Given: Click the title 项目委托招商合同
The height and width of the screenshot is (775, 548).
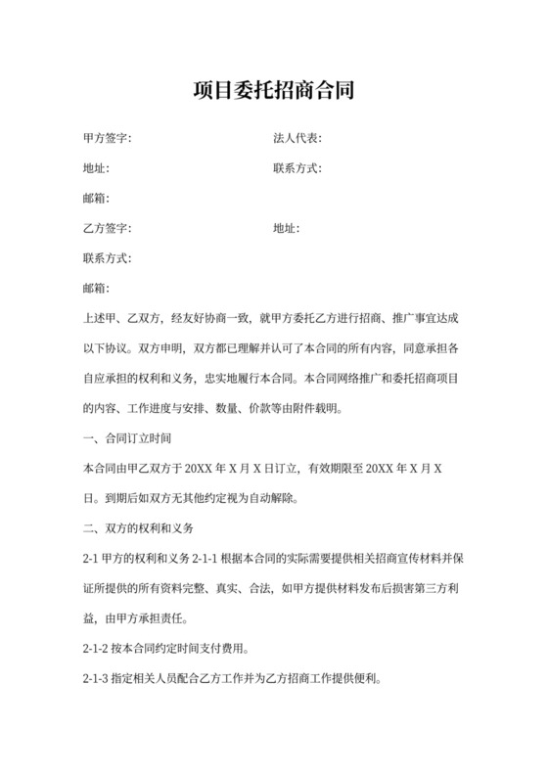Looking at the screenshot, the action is pyautogui.click(x=274, y=92).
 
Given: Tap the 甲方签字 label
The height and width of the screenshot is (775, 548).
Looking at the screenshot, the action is pyautogui.click(x=107, y=139).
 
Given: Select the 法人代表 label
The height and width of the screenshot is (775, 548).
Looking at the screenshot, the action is pyautogui.click(x=297, y=139).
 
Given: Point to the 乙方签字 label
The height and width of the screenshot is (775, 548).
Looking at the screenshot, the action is pyautogui.click(x=107, y=228).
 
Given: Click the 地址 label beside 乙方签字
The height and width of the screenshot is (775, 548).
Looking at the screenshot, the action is pyautogui.click(x=286, y=228).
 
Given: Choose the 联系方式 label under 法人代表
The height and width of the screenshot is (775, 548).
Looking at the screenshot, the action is pyautogui.click(x=297, y=168).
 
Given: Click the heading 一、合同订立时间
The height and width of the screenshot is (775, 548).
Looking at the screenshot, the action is pyautogui.click(x=128, y=436).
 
